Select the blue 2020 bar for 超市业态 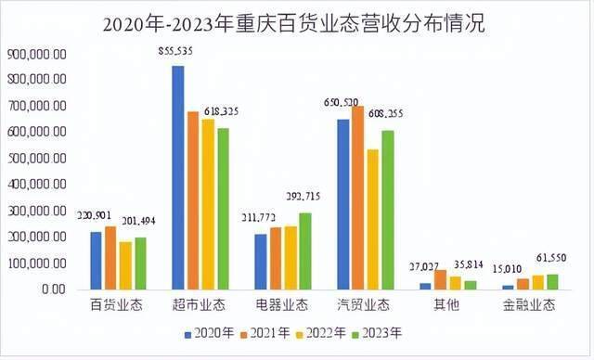(x=178, y=177)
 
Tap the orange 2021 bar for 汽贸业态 (x=357, y=198)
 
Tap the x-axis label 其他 (x=448, y=304)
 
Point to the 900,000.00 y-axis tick (x=35, y=55)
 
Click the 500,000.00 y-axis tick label (x=35, y=159)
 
